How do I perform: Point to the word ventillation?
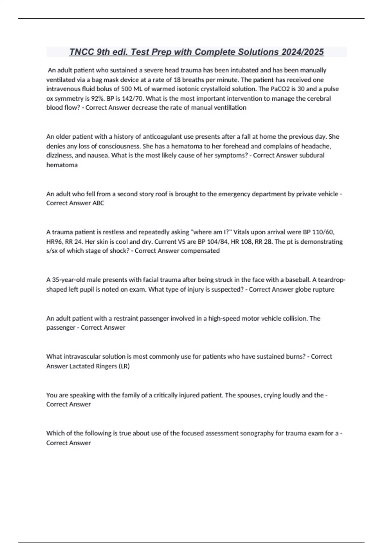pyautogui.click(x=230, y=108)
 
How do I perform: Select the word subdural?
pyautogui.click(x=312, y=155)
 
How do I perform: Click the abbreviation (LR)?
pyautogui.click(x=124, y=366)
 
